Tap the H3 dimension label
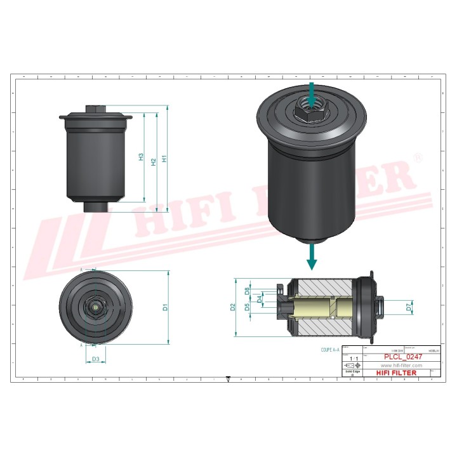click(x=142, y=157)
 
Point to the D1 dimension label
click(x=165, y=308)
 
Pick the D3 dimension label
click(x=95, y=359)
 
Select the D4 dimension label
click(x=260, y=298)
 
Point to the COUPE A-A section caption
click(x=331, y=349)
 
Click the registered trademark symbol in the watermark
click(x=417, y=157)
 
